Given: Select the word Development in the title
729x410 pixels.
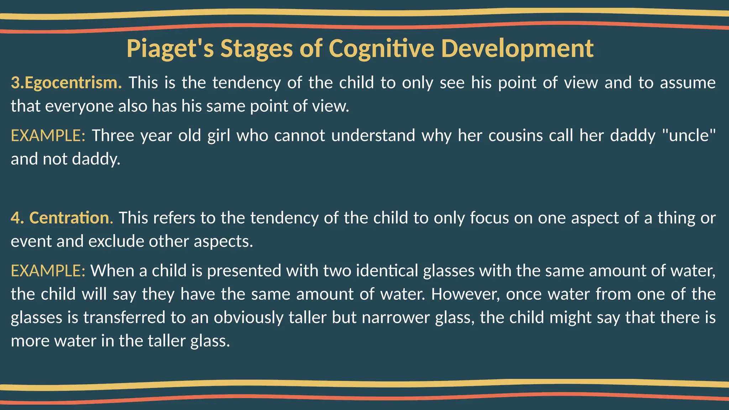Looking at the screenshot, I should pos(517,49).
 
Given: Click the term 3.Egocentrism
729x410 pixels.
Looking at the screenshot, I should pos(66,83).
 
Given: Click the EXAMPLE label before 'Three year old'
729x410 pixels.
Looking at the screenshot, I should pos(48,136).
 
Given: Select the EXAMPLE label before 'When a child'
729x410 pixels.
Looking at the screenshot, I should pos(48,271).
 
